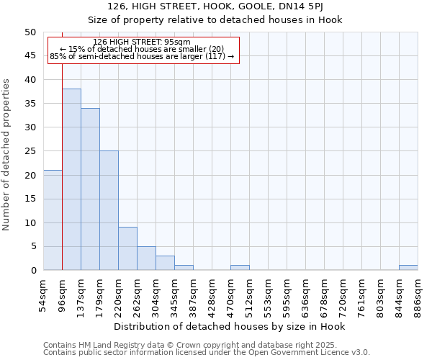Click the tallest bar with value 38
pos(71,179)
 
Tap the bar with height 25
pos(109,210)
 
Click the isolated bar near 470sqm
pos(240,268)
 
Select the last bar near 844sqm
pos(408,268)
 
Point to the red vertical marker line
pos(63,166)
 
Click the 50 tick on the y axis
pos(30,32)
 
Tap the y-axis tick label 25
pos(30,151)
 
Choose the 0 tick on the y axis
pos(32,271)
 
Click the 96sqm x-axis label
pos(63,292)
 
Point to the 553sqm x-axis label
pos(268,293)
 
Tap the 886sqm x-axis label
pos(418,293)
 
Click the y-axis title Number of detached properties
pos(6,154)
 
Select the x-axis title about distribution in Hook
pos(230,327)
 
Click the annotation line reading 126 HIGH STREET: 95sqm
pos(142,42)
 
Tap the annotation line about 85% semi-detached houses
pos(142,56)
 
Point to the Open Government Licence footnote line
pos(207,353)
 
